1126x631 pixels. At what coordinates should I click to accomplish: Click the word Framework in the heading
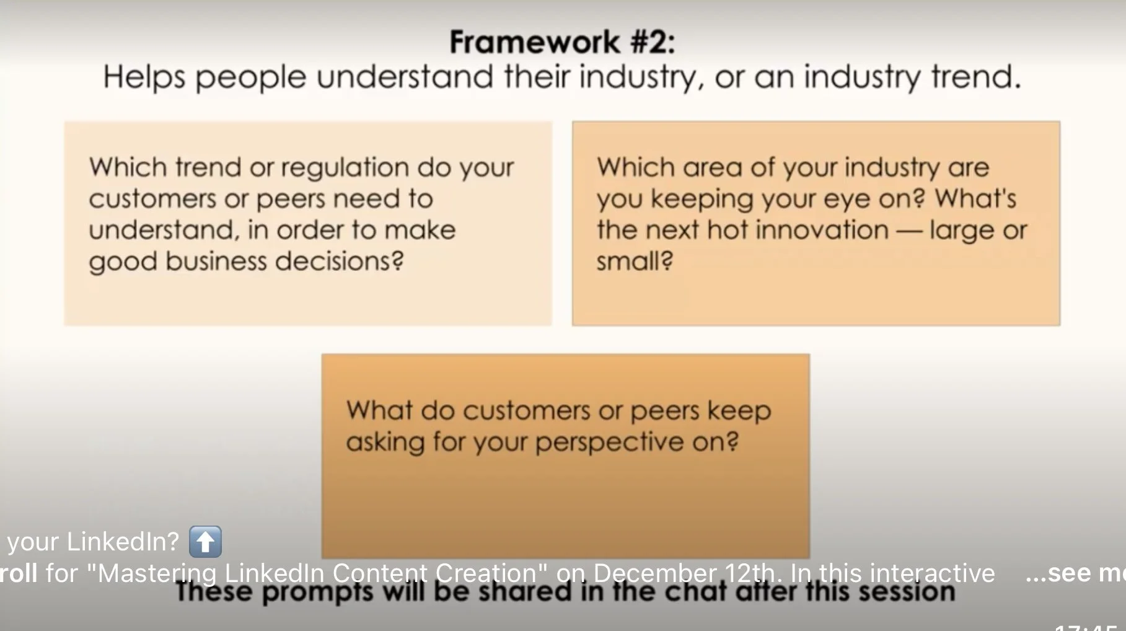[534, 42]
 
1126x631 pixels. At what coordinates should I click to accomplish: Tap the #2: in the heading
[653, 42]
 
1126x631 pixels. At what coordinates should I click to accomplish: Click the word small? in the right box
[635, 261]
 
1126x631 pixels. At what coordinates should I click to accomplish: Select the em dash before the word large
[908, 231]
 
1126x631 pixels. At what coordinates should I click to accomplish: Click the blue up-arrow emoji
[205, 542]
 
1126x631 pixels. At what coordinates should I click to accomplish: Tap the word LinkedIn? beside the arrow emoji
[123, 542]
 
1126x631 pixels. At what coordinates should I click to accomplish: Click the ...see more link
[1075, 573]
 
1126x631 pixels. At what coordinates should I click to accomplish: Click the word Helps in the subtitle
[144, 77]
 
